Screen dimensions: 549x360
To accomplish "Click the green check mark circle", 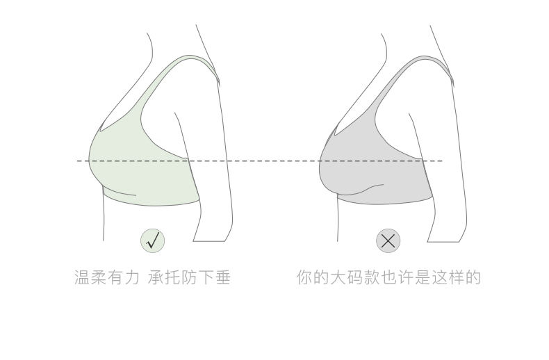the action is point(153,240).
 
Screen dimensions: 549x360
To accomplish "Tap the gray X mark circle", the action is point(388,240).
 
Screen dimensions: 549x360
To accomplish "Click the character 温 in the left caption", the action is point(82,277).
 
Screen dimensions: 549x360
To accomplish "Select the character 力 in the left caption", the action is point(132,277).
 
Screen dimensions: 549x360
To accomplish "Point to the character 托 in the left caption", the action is point(172,277).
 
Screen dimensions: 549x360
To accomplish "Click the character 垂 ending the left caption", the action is point(222,277).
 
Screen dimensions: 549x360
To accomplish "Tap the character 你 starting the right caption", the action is point(304,277).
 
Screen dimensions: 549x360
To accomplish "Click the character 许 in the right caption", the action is point(405,277).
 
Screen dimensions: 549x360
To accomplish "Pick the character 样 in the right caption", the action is point(456,277).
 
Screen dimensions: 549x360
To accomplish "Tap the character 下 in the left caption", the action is point(206,277).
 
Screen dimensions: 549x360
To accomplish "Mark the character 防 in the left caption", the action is point(189,277).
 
